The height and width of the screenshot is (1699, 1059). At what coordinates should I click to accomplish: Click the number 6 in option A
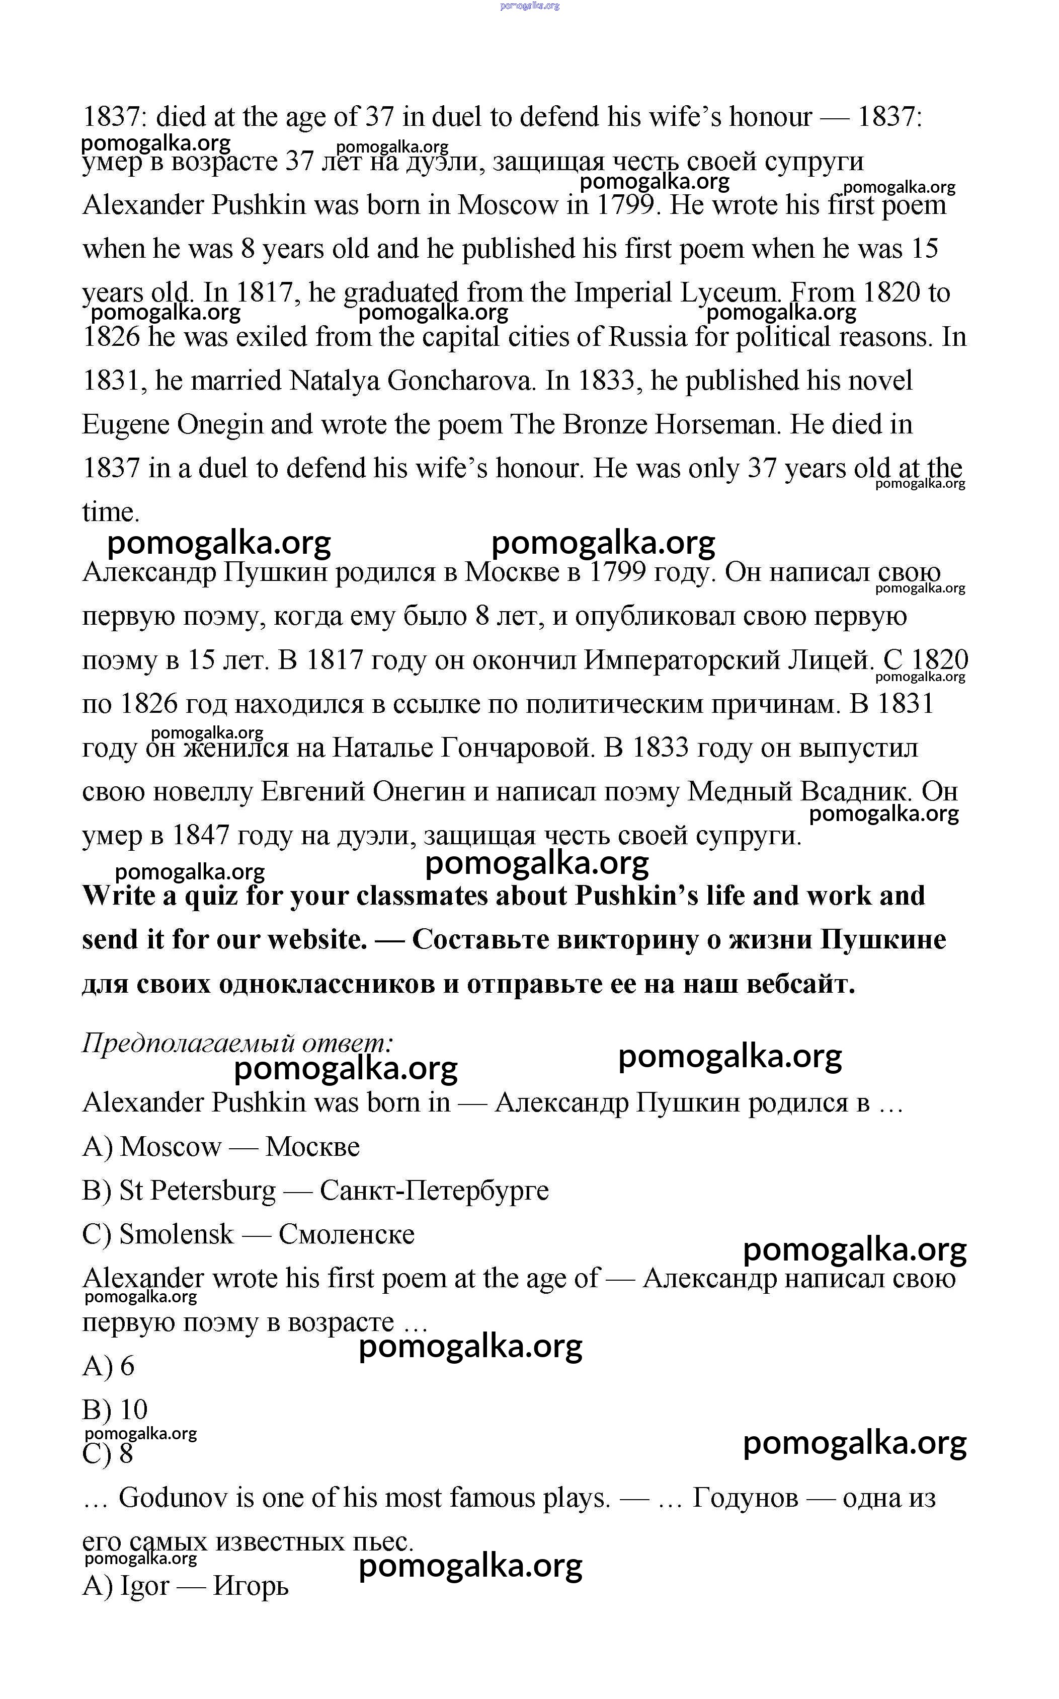[127, 1366]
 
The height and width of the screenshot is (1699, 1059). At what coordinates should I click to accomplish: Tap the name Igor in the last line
[145, 1586]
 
